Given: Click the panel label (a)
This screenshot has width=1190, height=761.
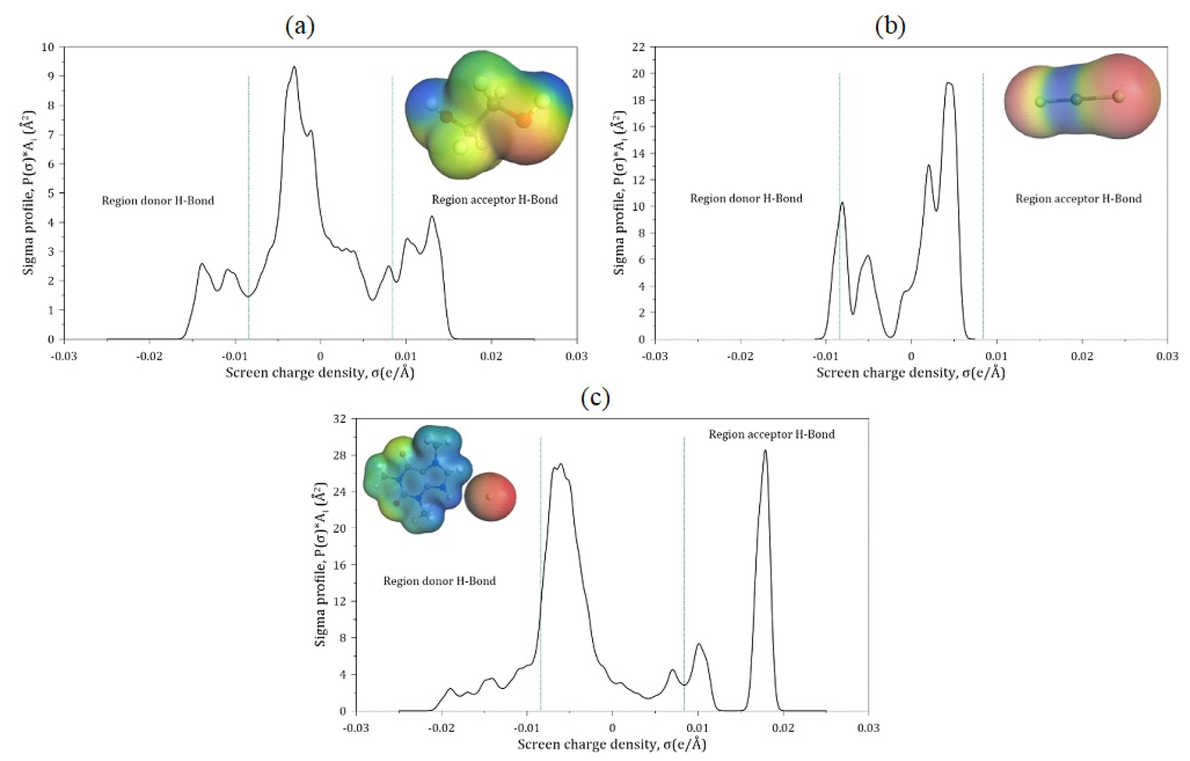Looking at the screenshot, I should [x=300, y=26].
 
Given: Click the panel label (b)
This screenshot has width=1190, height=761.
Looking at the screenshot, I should [x=890, y=26].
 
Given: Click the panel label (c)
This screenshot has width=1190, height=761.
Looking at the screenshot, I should [x=595, y=398].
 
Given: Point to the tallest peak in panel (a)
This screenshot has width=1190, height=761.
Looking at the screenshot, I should [x=294, y=67].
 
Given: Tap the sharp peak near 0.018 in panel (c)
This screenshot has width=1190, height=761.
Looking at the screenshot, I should [x=765, y=451].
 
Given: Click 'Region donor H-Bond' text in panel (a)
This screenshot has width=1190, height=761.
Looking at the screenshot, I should [x=158, y=201].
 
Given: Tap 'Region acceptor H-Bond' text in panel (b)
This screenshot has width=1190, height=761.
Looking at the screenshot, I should [x=1078, y=199].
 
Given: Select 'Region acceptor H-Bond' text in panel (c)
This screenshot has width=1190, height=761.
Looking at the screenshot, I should [x=771, y=434].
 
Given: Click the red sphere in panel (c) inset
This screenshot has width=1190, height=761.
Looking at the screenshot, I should [x=490, y=497].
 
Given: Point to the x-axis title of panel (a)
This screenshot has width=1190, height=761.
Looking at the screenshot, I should [x=319, y=373].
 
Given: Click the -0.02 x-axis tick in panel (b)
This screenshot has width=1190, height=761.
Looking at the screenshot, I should [x=740, y=356].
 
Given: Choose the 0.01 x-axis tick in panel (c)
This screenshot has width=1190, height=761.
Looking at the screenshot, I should [x=697, y=728].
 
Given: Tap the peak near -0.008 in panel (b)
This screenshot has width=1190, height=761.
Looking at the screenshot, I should [x=842, y=203].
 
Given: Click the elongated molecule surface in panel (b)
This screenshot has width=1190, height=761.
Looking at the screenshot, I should [x=1082, y=96].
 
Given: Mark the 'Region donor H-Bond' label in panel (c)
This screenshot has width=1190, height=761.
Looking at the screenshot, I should [x=439, y=581].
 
